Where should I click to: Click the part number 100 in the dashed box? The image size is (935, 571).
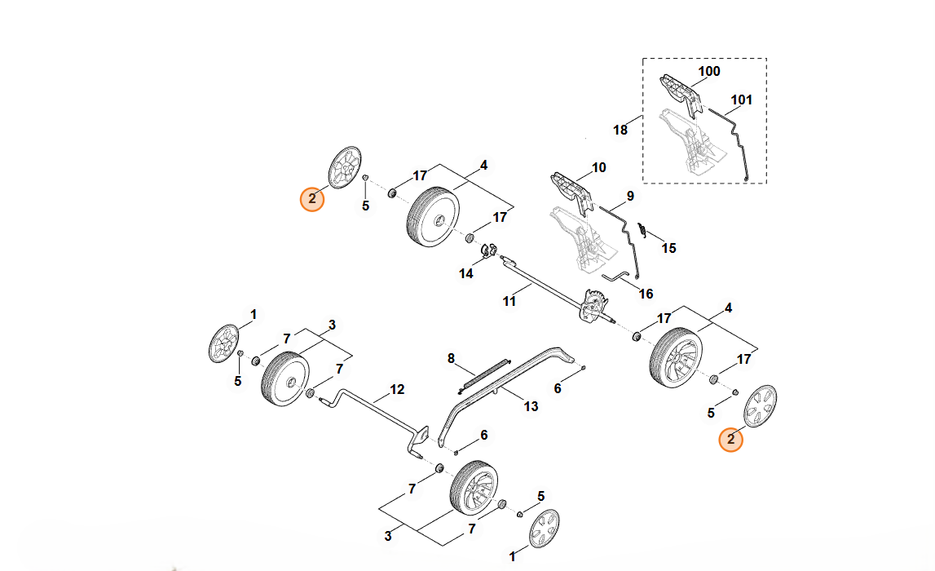coord(709,72)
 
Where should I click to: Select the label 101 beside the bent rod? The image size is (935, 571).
coord(741,101)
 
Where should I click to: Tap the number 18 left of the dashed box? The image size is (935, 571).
coord(620,130)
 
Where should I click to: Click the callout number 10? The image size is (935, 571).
coord(599,168)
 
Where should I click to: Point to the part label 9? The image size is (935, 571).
coord(630,197)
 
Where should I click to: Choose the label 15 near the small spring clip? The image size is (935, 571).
coord(668,248)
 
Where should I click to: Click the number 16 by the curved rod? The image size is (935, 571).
coord(646,294)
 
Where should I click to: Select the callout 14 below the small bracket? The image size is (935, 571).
coord(465,274)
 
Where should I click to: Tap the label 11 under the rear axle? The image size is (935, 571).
coord(509,301)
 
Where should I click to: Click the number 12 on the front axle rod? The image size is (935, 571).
coord(397,390)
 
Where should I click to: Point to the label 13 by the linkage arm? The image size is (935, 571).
coord(531,406)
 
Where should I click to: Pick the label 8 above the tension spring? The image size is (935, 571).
coord(450,358)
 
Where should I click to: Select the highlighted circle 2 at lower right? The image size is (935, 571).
coord(730,439)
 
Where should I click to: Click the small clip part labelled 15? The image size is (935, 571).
coord(642,230)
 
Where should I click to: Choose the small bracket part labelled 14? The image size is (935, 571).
coord(488,250)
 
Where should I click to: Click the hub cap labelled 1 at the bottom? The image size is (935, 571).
coord(544,529)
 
